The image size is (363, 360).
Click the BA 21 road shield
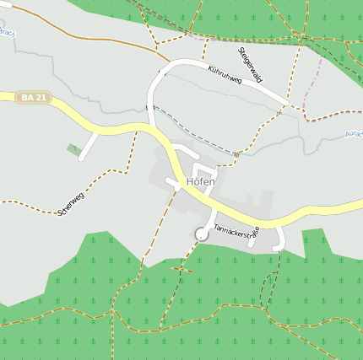click(x=34, y=98)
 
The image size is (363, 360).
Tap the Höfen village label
click(x=201, y=181)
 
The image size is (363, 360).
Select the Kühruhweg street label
click(x=224, y=73)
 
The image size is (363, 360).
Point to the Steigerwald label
click(x=251, y=64)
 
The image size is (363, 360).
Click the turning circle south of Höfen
click(x=201, y=234)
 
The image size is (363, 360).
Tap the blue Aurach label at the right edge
click(x=354, y=134)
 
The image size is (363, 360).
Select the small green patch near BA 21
click(x=73, y=149)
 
